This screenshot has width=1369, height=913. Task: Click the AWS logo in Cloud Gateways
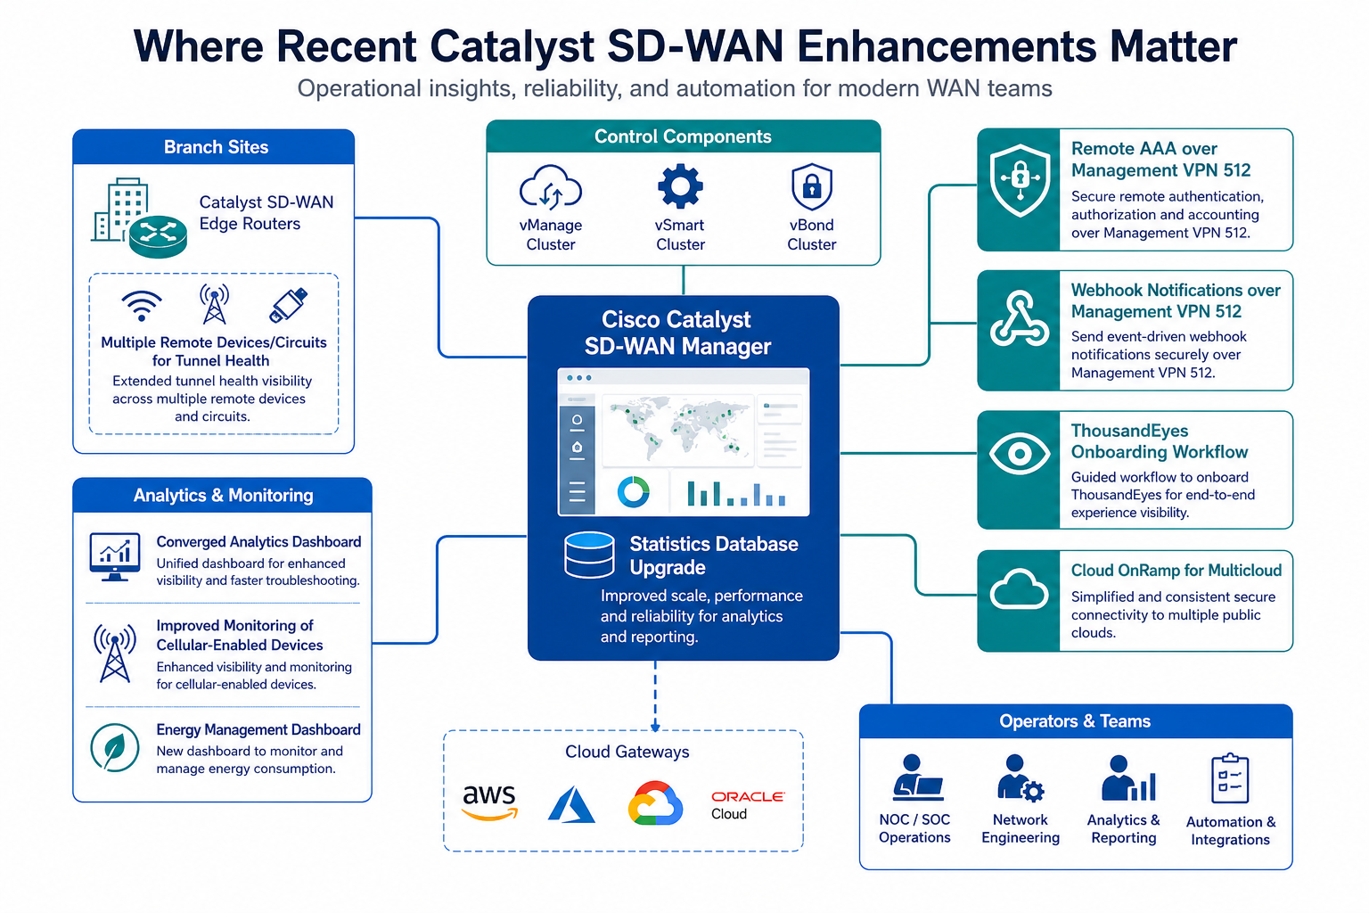tap(489, 802)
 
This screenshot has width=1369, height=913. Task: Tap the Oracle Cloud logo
tap(748, 805)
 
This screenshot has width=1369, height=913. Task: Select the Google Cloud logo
tap(655, 803)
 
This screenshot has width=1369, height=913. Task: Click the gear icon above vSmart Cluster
tap(680, 186)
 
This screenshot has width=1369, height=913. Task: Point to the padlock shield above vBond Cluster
tap(812, 186)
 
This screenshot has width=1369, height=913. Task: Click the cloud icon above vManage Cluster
tap(550, 187)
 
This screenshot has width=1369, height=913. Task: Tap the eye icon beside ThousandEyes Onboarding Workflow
tap(1020, 454)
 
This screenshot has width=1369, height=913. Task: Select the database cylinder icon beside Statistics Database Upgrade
tap(589, 555)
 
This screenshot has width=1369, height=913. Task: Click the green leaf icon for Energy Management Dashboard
tap(114, 747)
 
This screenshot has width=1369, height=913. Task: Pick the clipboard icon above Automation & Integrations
tap(1230, 777)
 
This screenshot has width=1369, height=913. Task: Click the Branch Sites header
tap(216, 147)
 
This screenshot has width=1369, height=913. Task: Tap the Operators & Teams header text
tap(1074, 721)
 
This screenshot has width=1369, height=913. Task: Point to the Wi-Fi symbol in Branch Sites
tap(141, 305)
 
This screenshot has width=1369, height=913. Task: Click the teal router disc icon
tap(158, 236)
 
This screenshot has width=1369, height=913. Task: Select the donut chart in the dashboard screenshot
tap(633, 492)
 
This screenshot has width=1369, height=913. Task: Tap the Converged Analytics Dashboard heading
tap(258, 542)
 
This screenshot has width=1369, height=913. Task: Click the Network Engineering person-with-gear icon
tap(1020, 777)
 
